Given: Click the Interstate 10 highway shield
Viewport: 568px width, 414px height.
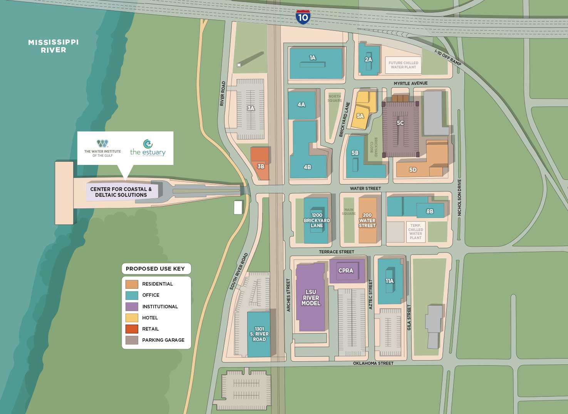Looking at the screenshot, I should click(303, 17).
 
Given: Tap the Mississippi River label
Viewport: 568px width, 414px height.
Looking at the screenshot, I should click(53, 46).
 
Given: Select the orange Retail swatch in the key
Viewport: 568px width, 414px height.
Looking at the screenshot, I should click(132, 329).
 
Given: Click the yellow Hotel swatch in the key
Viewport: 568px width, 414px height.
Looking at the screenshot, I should click(132, 318).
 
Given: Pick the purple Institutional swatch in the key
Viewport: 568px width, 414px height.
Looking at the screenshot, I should click(132, 307).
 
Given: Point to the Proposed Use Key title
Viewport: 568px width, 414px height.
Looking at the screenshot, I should click(155, 269).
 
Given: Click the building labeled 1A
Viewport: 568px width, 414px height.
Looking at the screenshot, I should click(315, 63).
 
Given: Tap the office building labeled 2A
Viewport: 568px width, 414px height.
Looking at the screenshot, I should click(368, 59).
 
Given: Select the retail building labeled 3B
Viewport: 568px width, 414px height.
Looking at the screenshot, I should click(260, 163).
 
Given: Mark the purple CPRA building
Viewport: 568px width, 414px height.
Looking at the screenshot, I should click(346, 271).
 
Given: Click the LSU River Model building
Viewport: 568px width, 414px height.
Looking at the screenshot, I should click(310, 298).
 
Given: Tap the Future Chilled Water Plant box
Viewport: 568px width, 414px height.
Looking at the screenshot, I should click(403, 65).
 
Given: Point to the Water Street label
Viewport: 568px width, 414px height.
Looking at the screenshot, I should click(365, 188).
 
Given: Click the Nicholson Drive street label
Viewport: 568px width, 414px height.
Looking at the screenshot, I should click(459, 200).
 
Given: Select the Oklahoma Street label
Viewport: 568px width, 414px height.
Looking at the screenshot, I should click(373, 363).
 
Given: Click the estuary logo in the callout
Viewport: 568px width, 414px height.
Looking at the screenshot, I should click(148, 148).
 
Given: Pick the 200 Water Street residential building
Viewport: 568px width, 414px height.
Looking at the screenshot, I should click(367, 220).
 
